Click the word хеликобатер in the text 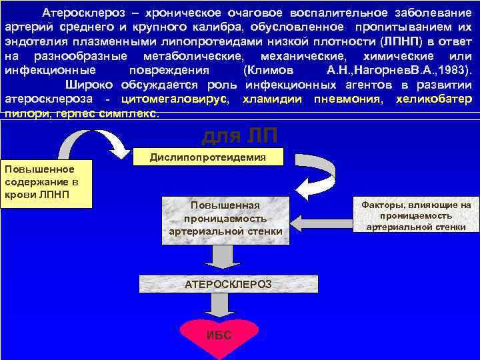coord(434,99)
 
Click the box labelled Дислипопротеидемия coord(207,157)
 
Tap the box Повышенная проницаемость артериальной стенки coord(225,218)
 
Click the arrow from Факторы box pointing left coord(323,217)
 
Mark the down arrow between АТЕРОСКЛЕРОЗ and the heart coord(216,305)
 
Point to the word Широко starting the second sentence coord(91,85)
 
